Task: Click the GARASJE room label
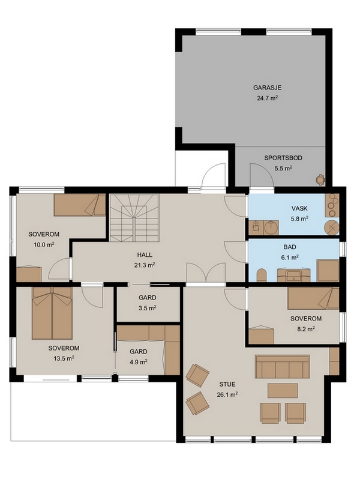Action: tap(267, 88)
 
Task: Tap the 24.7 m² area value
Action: tap(267, 98)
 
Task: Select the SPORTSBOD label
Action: tap(283, 158)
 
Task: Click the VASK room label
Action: tap(299, 208)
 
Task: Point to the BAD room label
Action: tap(290, 247)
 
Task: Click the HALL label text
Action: tap(145, 255)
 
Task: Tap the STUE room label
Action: tap(227, 384)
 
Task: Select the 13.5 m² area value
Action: tap(64, 358)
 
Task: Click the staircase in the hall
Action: tap(134, 218)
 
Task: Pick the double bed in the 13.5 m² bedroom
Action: tap(52, 313)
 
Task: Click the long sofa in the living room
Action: tap(283, 367)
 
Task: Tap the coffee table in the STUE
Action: tap(283, 391)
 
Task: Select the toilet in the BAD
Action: tap(262, 276)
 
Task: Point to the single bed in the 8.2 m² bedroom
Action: tap(313, 298)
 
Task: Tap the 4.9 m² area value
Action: tap(139, 362)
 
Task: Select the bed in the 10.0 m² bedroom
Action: tap(80, 205)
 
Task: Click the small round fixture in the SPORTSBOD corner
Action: tap(320, 179)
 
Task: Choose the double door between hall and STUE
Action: tap(206, 273)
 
